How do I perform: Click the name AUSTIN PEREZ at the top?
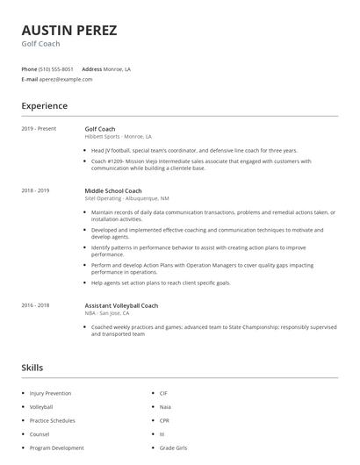[68, 30]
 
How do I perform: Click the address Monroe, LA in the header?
[117, 68]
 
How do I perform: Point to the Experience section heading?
[44, 106]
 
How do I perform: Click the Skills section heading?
[32, 367]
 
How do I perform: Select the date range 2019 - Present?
[39, 129]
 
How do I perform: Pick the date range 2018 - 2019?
[35, 190]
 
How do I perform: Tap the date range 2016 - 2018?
[35, 305]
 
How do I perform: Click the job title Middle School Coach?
[113, 190]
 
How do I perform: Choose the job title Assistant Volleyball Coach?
[121, 305]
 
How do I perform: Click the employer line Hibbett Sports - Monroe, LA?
[118, 137]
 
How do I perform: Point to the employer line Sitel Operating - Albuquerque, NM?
[127, 198]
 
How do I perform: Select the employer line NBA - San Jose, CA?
[106, 313]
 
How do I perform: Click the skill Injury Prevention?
[51, 393]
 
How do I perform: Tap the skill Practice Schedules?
[52, 420]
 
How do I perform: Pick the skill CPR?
[164, 420]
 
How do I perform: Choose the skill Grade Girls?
[173, 447]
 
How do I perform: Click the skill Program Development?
[56, 447]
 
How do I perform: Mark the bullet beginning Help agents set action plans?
[161, 283]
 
